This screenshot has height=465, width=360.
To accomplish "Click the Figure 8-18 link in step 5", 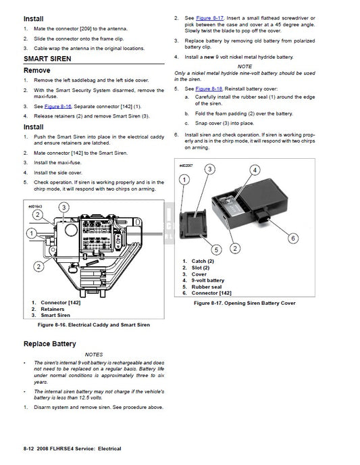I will click(x=207, y=89).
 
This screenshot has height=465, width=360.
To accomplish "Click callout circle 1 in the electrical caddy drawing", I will click(x=30, y=232).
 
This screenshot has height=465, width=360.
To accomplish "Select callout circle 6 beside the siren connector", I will click(x=293, y=237).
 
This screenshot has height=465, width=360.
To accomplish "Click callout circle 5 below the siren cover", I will click(x=217, y=249).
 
